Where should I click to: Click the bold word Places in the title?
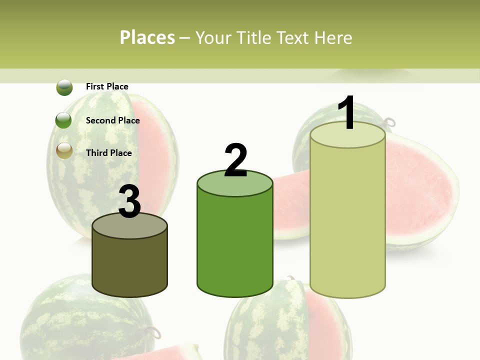147,37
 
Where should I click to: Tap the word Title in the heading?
253,37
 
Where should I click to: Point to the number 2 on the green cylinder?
235,161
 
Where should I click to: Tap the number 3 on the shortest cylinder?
130,202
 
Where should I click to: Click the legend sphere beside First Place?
64,87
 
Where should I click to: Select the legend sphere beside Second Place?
64,120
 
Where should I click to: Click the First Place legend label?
107,86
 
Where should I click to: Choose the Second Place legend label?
112,120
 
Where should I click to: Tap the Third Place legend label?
108,153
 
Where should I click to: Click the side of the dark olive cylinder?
130,265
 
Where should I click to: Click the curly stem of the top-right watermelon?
389,121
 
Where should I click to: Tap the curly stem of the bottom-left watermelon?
155,330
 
